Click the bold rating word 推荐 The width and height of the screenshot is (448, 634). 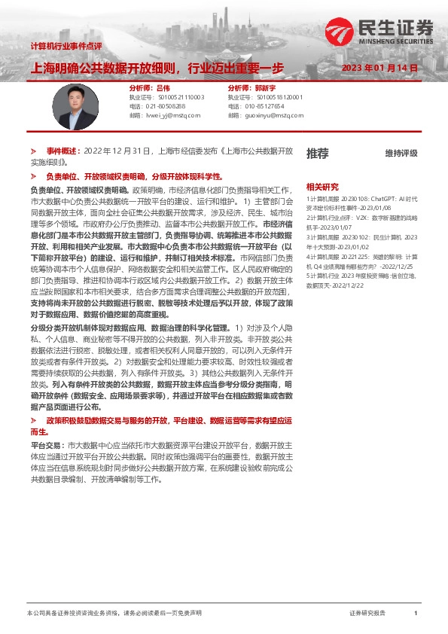click(317, 154)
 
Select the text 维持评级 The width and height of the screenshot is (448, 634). click(401, 154)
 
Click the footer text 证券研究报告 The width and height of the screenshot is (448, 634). click(367, 614)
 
